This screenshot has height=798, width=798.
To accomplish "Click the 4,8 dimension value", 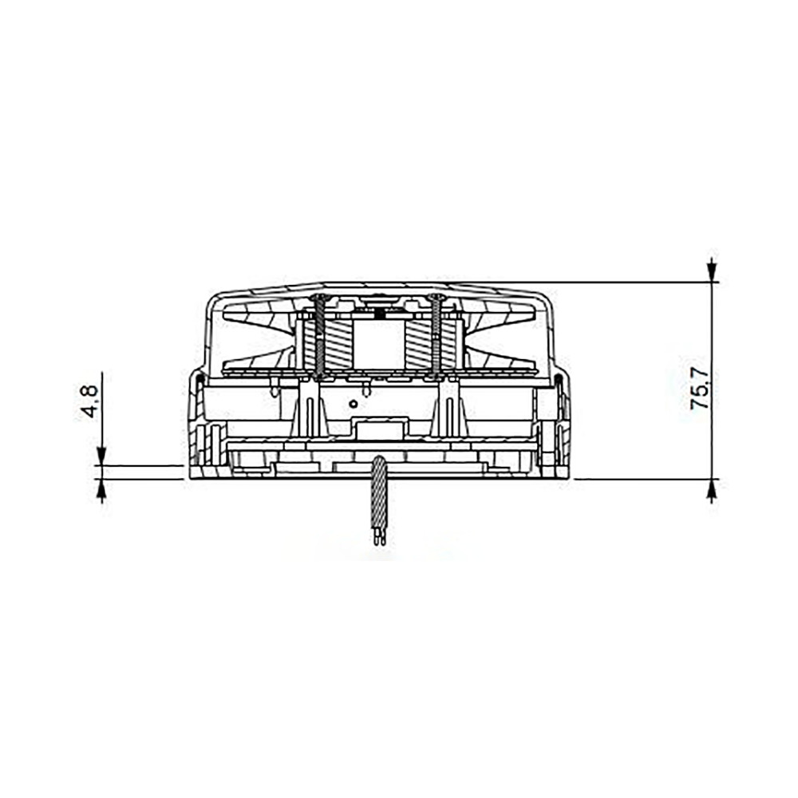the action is click(89, 402).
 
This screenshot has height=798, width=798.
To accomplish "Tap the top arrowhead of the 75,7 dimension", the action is click(712, 271).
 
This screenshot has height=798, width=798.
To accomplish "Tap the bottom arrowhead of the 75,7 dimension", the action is click(712, 490).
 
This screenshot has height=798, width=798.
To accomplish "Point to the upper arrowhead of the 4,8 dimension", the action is click(102, 456).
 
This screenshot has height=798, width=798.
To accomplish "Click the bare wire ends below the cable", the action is click(380, 536).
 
